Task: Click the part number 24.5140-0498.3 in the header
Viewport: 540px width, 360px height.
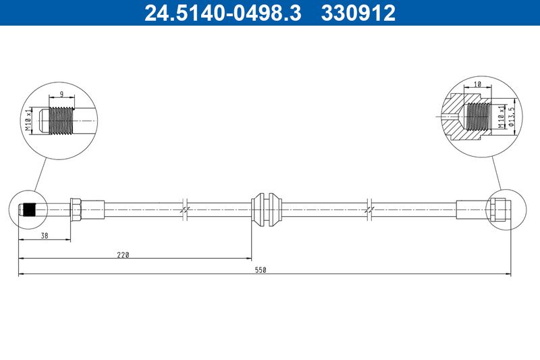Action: point(223,13)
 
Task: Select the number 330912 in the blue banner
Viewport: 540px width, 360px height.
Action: point(358,13)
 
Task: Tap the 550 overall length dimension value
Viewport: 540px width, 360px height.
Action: point(261,270)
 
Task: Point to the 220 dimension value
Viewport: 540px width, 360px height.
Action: point(123,255)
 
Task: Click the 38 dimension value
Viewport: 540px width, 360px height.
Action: point(45,236)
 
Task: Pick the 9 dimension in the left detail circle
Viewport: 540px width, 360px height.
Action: point(61,94)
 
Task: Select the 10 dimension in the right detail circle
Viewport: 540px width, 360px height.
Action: point(477,84)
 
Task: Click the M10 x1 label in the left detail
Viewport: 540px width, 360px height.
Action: point(28,119)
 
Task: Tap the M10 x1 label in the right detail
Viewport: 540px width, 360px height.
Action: point(502,117)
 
